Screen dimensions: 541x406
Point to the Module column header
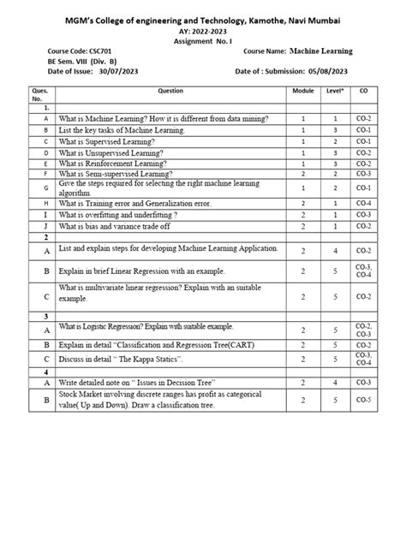[303, 90]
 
